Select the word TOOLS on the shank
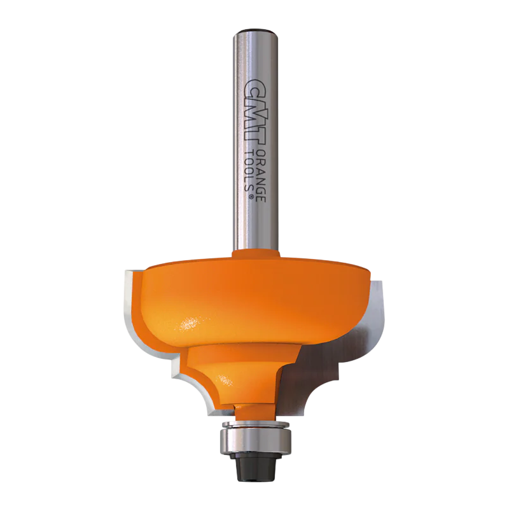coord(251,172)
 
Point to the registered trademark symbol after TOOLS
coord(251,197)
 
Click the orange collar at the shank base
coord(256,253)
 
